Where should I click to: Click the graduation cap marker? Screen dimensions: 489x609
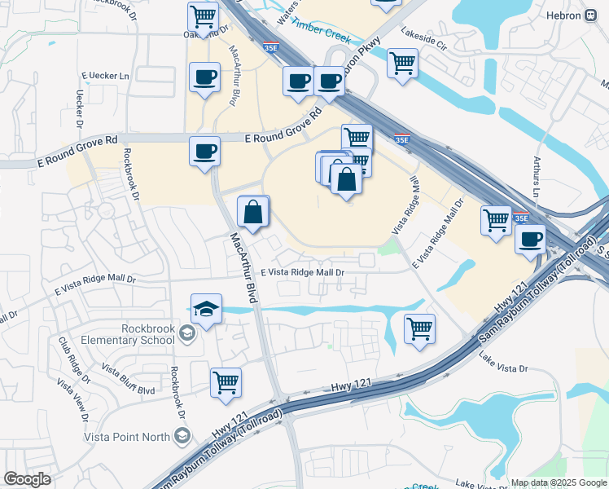point(206,310)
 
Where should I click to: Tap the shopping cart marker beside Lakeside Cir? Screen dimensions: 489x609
point(402,63)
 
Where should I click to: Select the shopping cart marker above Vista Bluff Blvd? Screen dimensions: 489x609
point(226,381)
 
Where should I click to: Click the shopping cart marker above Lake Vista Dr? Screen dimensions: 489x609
point(419,328)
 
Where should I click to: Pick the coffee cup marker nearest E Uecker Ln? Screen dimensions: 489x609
point(204,78)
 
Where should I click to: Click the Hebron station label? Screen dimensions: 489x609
point(567,15)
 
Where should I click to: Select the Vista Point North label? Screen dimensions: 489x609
point(126,437)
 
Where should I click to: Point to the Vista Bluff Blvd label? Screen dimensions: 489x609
point(129,380)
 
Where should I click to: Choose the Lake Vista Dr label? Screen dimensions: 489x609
point(503,363)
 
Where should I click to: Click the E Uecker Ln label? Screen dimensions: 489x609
point(105,77)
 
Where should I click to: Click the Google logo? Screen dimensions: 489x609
point(27,479)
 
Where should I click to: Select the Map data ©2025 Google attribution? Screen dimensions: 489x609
point(559,482)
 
